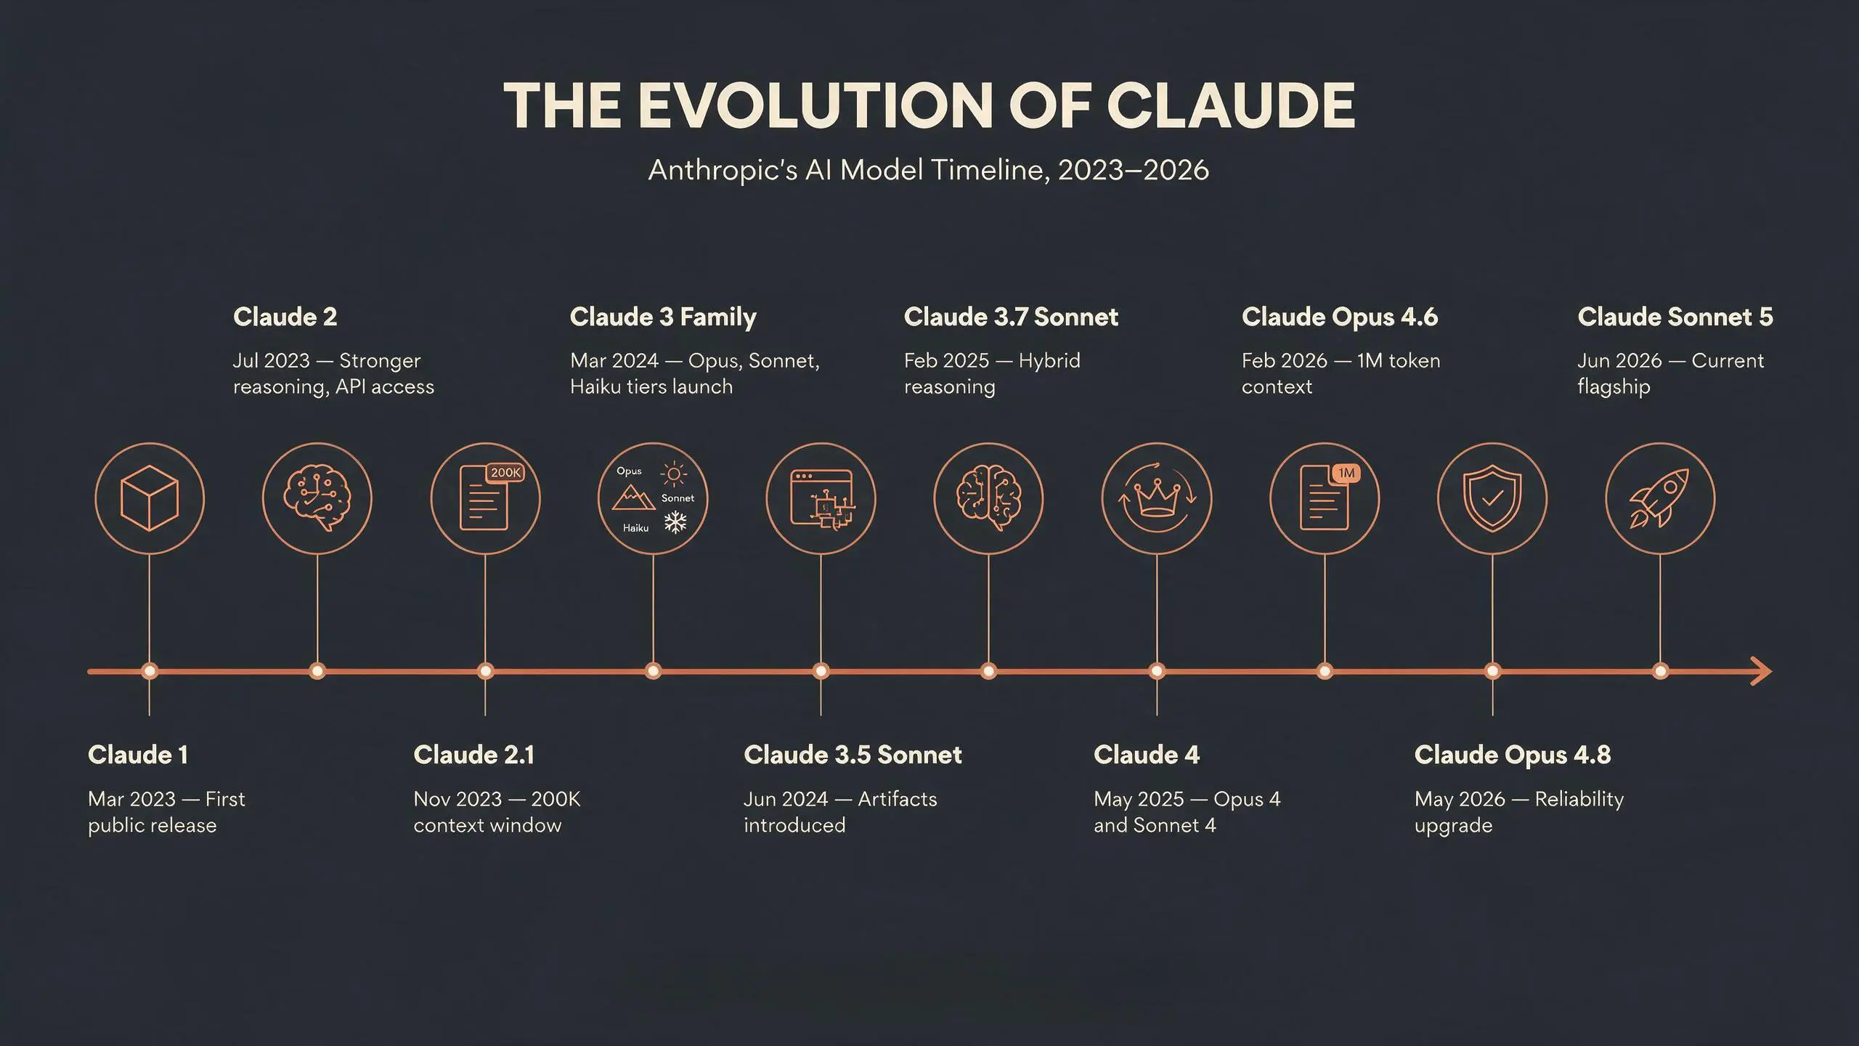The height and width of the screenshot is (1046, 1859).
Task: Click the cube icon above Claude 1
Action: [x=149, y=498]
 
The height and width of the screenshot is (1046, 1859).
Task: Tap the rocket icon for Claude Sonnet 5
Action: [x=1659, y=498]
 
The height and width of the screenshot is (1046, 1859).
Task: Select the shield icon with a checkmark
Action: [x=1492, y=498]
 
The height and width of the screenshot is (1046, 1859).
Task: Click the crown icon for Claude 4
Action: [x=1156, y=500]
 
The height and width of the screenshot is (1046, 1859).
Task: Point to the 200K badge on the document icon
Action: [x=505, y=473]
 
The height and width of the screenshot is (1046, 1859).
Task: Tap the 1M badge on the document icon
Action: [x=1346, y=473]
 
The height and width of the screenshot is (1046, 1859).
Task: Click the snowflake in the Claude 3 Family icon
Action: [x=676, y=522]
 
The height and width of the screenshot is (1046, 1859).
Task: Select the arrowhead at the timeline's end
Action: [x=1760, y=671]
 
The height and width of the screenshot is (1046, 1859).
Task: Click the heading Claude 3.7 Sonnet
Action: [x=1011, y=317]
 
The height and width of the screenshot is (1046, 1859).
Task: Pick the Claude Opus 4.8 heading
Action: [x=1513, y=755]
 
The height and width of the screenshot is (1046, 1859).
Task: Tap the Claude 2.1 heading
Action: [x=474, y=755]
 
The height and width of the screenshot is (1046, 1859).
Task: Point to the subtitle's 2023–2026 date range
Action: [x=1134, y=170]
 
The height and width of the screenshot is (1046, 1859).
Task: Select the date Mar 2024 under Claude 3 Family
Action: [x=614, y=361]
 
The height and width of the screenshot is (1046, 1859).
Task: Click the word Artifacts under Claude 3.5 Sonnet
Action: [x=898, y=799]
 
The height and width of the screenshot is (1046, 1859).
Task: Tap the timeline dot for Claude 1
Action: [x=150, y=671]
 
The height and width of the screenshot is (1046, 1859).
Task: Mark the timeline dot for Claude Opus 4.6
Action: [x=1325, y=671]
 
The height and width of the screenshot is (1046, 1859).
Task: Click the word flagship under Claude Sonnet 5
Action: [x=1614, y=388]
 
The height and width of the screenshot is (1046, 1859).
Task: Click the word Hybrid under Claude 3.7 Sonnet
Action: [x=1049, y=362]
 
